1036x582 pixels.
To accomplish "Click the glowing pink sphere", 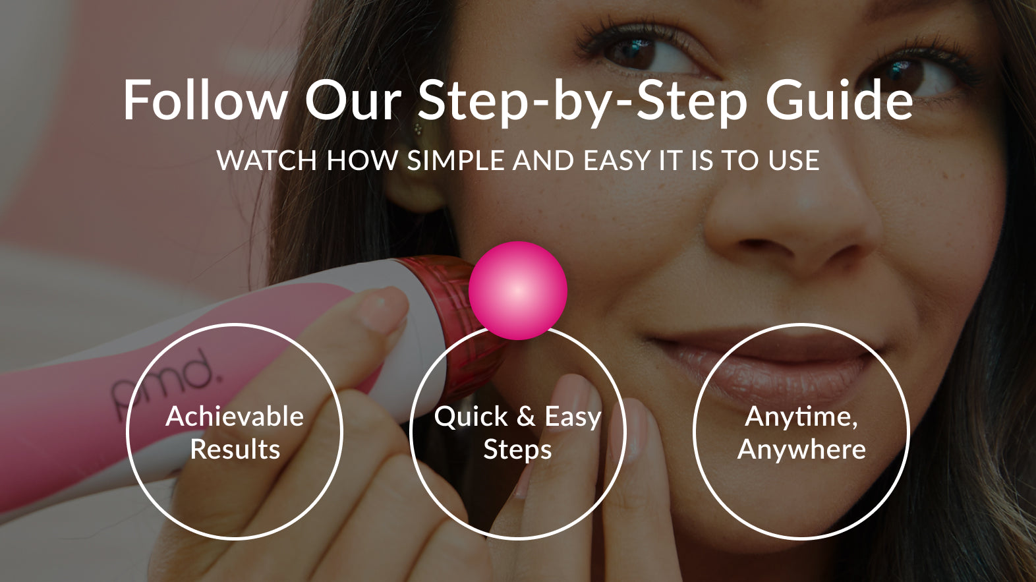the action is pos(517,291).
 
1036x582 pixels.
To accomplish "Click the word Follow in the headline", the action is pos(206,100).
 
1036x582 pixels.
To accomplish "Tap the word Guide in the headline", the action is pos(839,100).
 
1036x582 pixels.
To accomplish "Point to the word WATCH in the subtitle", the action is pos(266,160).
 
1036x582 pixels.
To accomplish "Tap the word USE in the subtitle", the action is pos(794,160).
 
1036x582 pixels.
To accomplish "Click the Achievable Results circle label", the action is pos(235,432).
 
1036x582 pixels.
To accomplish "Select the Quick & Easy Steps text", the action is pos(517,432).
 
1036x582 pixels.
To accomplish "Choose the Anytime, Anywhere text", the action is pos(801,432).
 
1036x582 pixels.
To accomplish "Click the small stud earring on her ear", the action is pos(418,129).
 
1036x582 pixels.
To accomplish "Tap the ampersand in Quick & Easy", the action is pos(526,417).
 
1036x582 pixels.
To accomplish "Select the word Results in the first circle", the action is pos(235,450).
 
